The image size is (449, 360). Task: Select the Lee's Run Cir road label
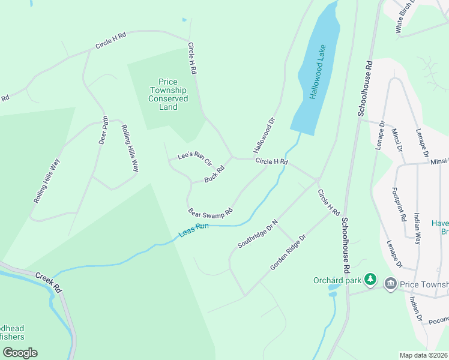[x=195, y=159]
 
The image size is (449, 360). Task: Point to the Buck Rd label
[x=214, y=174]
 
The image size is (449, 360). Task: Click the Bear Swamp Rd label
[x=210, y=213]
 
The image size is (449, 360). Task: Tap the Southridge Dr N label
[x=258, y=233]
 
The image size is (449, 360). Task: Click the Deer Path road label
[x=103, y=130]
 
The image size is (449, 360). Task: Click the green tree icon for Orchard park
[x=371, y=280]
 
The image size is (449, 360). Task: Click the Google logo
[x=20, y=352]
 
